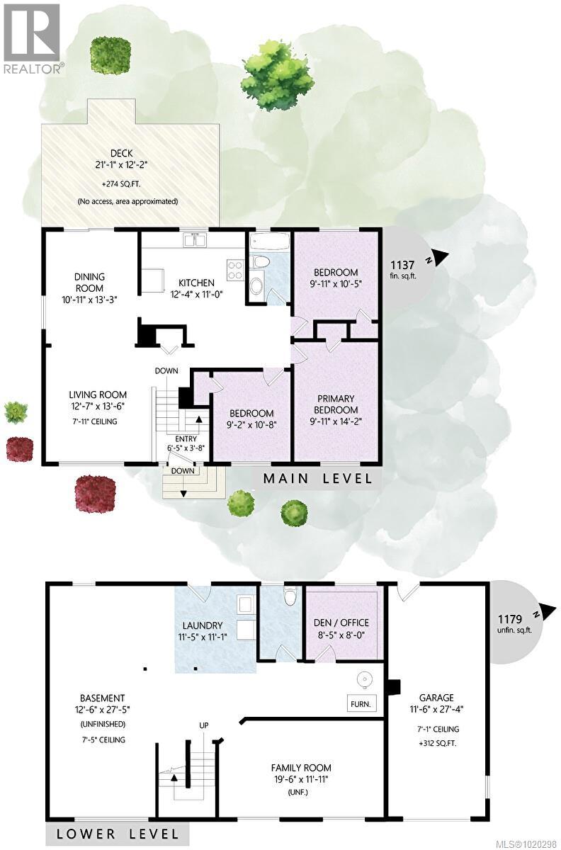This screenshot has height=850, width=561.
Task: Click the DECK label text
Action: tap(127, 153)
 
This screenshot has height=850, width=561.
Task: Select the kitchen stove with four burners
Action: tap(235, 268)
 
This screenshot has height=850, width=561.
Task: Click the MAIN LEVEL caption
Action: tap(317, 478)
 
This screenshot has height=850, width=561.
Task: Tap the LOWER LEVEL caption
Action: tap(113, 833)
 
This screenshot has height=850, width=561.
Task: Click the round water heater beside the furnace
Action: tap(364, 680)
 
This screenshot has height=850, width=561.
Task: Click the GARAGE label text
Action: tap(436, 697)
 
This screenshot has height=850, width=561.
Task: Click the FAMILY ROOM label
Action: tap(301, 767)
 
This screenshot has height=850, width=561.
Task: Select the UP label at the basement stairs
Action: tap(203, 725)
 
